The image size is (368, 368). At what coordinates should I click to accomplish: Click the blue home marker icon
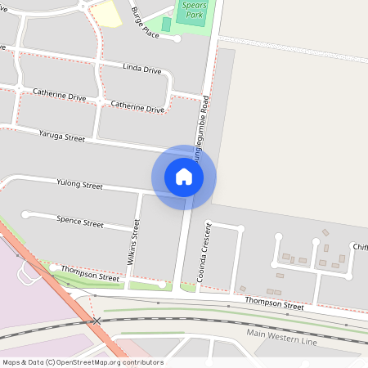pyautogui.click(x=184, y=177)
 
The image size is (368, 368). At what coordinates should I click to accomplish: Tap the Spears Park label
pyautogui.click(x=192, y=9)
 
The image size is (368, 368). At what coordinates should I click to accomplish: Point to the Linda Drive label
pyautogui.click(x=141, y=70)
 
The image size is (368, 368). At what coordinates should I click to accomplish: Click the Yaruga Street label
pyautogui.click(x=61, y=135)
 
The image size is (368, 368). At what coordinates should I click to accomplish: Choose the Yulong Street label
pyautogui.click(x=79, y=186)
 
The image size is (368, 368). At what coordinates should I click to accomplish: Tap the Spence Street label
pyautogui.click(x=80, y=222)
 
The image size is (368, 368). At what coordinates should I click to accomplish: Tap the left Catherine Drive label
pyautogui.click(x=59, y=96)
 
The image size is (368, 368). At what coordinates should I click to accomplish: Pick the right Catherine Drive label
pyautogui.click(x=137, y=106)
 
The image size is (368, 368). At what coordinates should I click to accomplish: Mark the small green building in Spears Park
pyautogui.click(x=167, y=25)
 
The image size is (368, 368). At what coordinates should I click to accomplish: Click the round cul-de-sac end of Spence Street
pyautogui.click(x=25, y=214)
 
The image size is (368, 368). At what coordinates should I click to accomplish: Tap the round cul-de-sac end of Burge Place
pyautogui.click(x=177, y=38)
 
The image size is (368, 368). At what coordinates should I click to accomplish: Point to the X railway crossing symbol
pyautogui.click(x=96, y=321)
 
